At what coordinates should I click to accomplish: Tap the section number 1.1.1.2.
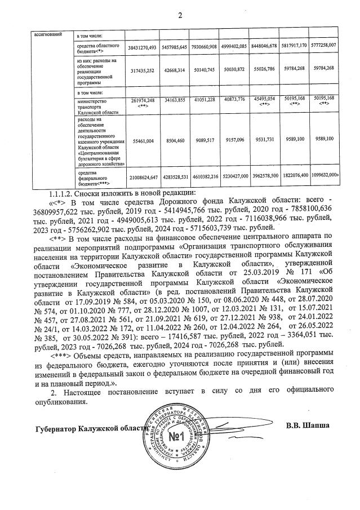(65, 193)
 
